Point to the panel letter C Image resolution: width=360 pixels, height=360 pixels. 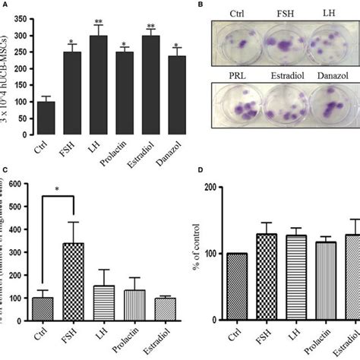click(5, 172)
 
